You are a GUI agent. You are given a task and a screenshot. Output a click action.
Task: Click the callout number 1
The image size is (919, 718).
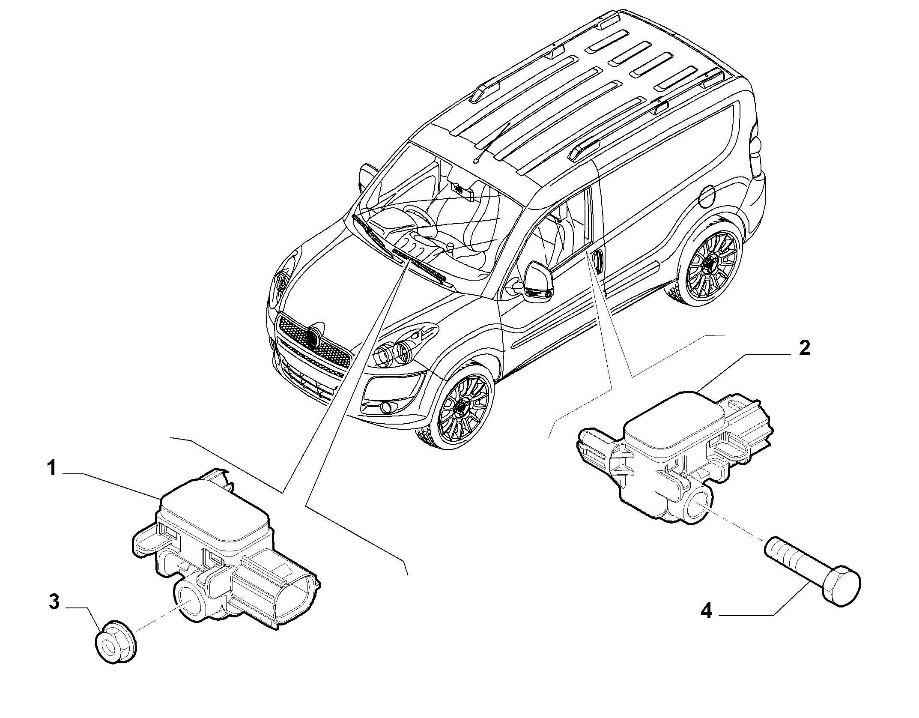tap(52, 468)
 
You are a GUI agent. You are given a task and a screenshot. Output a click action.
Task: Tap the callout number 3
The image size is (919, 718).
tap(54, 601)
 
